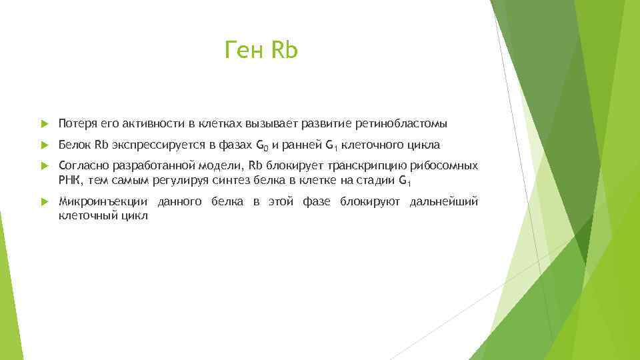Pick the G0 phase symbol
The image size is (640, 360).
263,145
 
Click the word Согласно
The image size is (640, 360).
82,166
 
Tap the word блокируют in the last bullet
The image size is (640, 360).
369,201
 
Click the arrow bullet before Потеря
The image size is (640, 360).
44,124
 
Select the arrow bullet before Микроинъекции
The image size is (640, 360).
44,202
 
